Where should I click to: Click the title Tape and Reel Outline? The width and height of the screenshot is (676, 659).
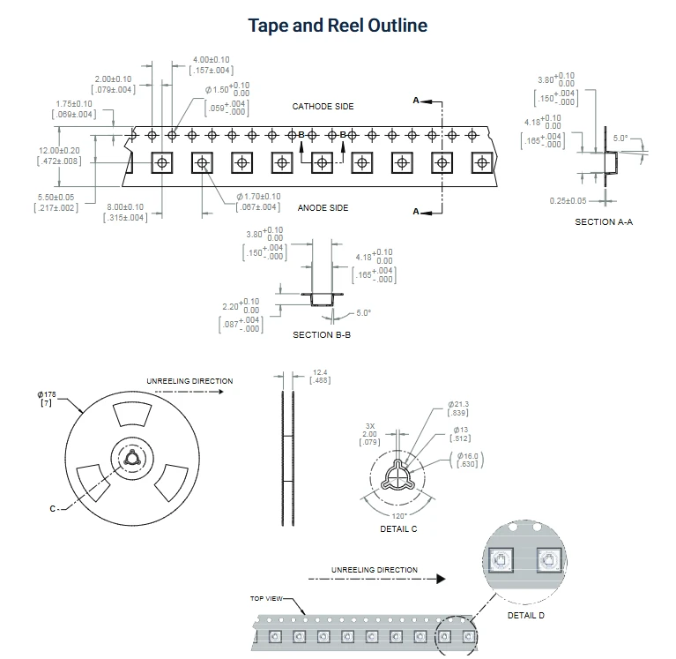coord(338,26)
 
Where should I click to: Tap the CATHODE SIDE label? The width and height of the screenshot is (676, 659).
coord(323,107)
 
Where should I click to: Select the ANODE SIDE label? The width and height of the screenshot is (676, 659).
coord(323,208)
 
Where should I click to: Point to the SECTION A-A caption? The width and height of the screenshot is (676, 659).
coord(604,221)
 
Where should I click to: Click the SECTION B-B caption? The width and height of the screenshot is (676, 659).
coord(322,335)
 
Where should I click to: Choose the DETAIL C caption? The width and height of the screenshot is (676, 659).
coord(398,529)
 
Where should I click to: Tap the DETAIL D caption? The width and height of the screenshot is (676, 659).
coord(526,616)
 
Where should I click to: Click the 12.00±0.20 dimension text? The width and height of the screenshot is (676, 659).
coord(59,151)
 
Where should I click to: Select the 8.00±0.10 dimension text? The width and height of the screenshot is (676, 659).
coord(125,207)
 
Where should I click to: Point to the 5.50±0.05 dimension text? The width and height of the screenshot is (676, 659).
coord(56,198)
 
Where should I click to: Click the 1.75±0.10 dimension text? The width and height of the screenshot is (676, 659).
coord(74,104)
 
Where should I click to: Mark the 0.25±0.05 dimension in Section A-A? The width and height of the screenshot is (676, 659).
coord(568,201)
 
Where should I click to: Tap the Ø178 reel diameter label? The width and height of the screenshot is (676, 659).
coord(47,394)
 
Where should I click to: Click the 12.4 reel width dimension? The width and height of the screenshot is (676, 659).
coord(320,372)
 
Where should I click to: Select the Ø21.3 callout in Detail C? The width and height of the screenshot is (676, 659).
coord(458,404)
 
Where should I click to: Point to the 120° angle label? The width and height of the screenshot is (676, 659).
coord(398,516)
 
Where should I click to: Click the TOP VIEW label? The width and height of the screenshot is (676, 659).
coord(266,599)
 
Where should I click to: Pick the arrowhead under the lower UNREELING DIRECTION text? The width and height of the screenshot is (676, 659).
coord(441,579)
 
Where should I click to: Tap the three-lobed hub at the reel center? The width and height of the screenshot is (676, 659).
coord(131,458)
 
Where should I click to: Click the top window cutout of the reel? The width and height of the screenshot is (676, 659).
coord(132,414)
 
